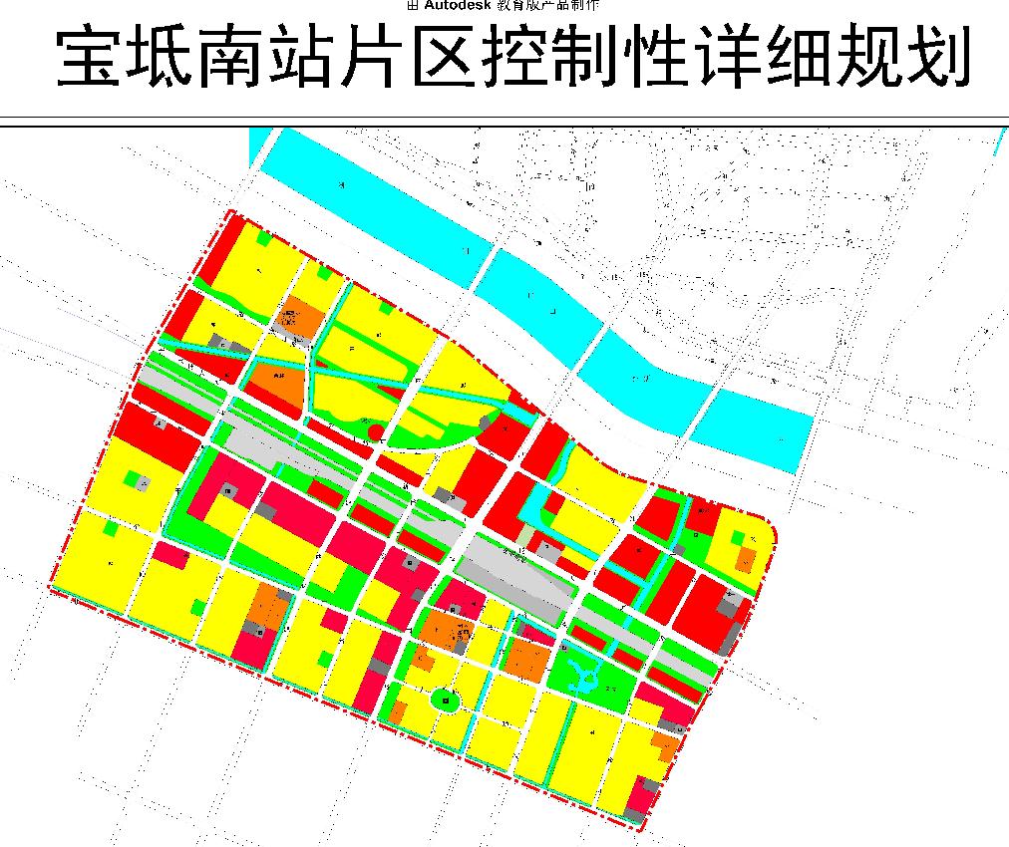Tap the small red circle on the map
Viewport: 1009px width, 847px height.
(376, 431)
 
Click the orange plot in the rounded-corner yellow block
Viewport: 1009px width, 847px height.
(745, 558)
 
